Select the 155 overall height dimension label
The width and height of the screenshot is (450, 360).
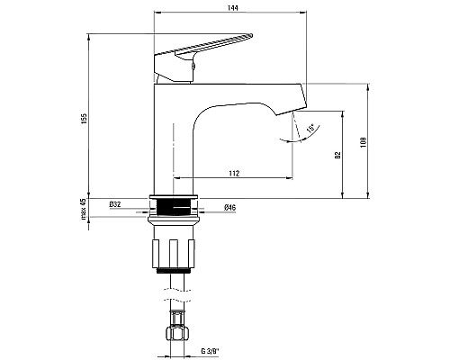[85, 119]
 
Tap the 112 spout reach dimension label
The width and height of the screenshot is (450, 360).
[234, 174]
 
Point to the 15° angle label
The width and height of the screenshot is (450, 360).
[310, 128]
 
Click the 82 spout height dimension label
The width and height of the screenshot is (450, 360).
[338, 155]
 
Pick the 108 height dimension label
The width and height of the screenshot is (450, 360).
[364, 142]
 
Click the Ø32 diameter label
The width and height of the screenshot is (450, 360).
[115, 204]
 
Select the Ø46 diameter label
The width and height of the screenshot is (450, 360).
[229, 207]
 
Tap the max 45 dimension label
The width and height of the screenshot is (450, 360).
[84, 209]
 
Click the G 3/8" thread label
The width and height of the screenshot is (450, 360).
[210, 351]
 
